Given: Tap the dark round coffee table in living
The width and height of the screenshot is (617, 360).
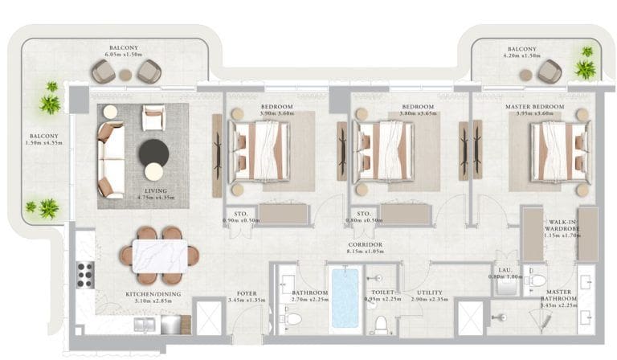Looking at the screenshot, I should (153, 151).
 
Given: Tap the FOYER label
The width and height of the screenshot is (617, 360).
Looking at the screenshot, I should (247, 294).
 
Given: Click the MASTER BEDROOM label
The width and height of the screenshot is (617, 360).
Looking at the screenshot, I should (537, 107).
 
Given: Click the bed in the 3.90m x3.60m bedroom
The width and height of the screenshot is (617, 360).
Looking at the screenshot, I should (259, 150).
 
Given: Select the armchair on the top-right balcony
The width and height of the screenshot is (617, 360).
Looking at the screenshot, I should (550, 72).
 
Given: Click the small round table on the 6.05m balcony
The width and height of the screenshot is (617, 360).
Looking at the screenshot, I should (125, 75).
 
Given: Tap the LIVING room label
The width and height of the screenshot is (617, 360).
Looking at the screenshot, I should (145, 190).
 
